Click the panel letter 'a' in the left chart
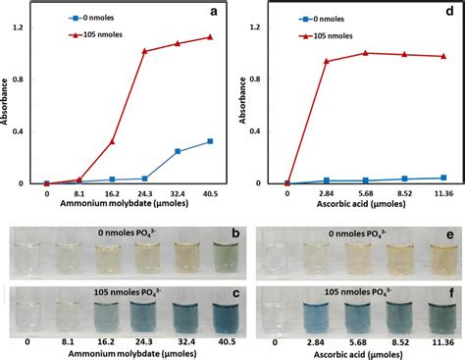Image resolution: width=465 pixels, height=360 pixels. tap(211, 13)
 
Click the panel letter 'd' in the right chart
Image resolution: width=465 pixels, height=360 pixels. tap(444, 13)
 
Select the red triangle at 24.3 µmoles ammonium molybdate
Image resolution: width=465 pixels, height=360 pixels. tap(144, 51)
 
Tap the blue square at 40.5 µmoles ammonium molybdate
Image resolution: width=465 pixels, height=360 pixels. tap(210, 141)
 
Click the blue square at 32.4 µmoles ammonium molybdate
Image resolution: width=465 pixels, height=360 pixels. tap(178, 151)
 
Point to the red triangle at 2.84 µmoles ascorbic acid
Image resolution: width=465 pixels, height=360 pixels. tap(326, 61)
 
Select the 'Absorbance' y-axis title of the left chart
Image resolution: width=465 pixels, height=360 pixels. tap(9, 103)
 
